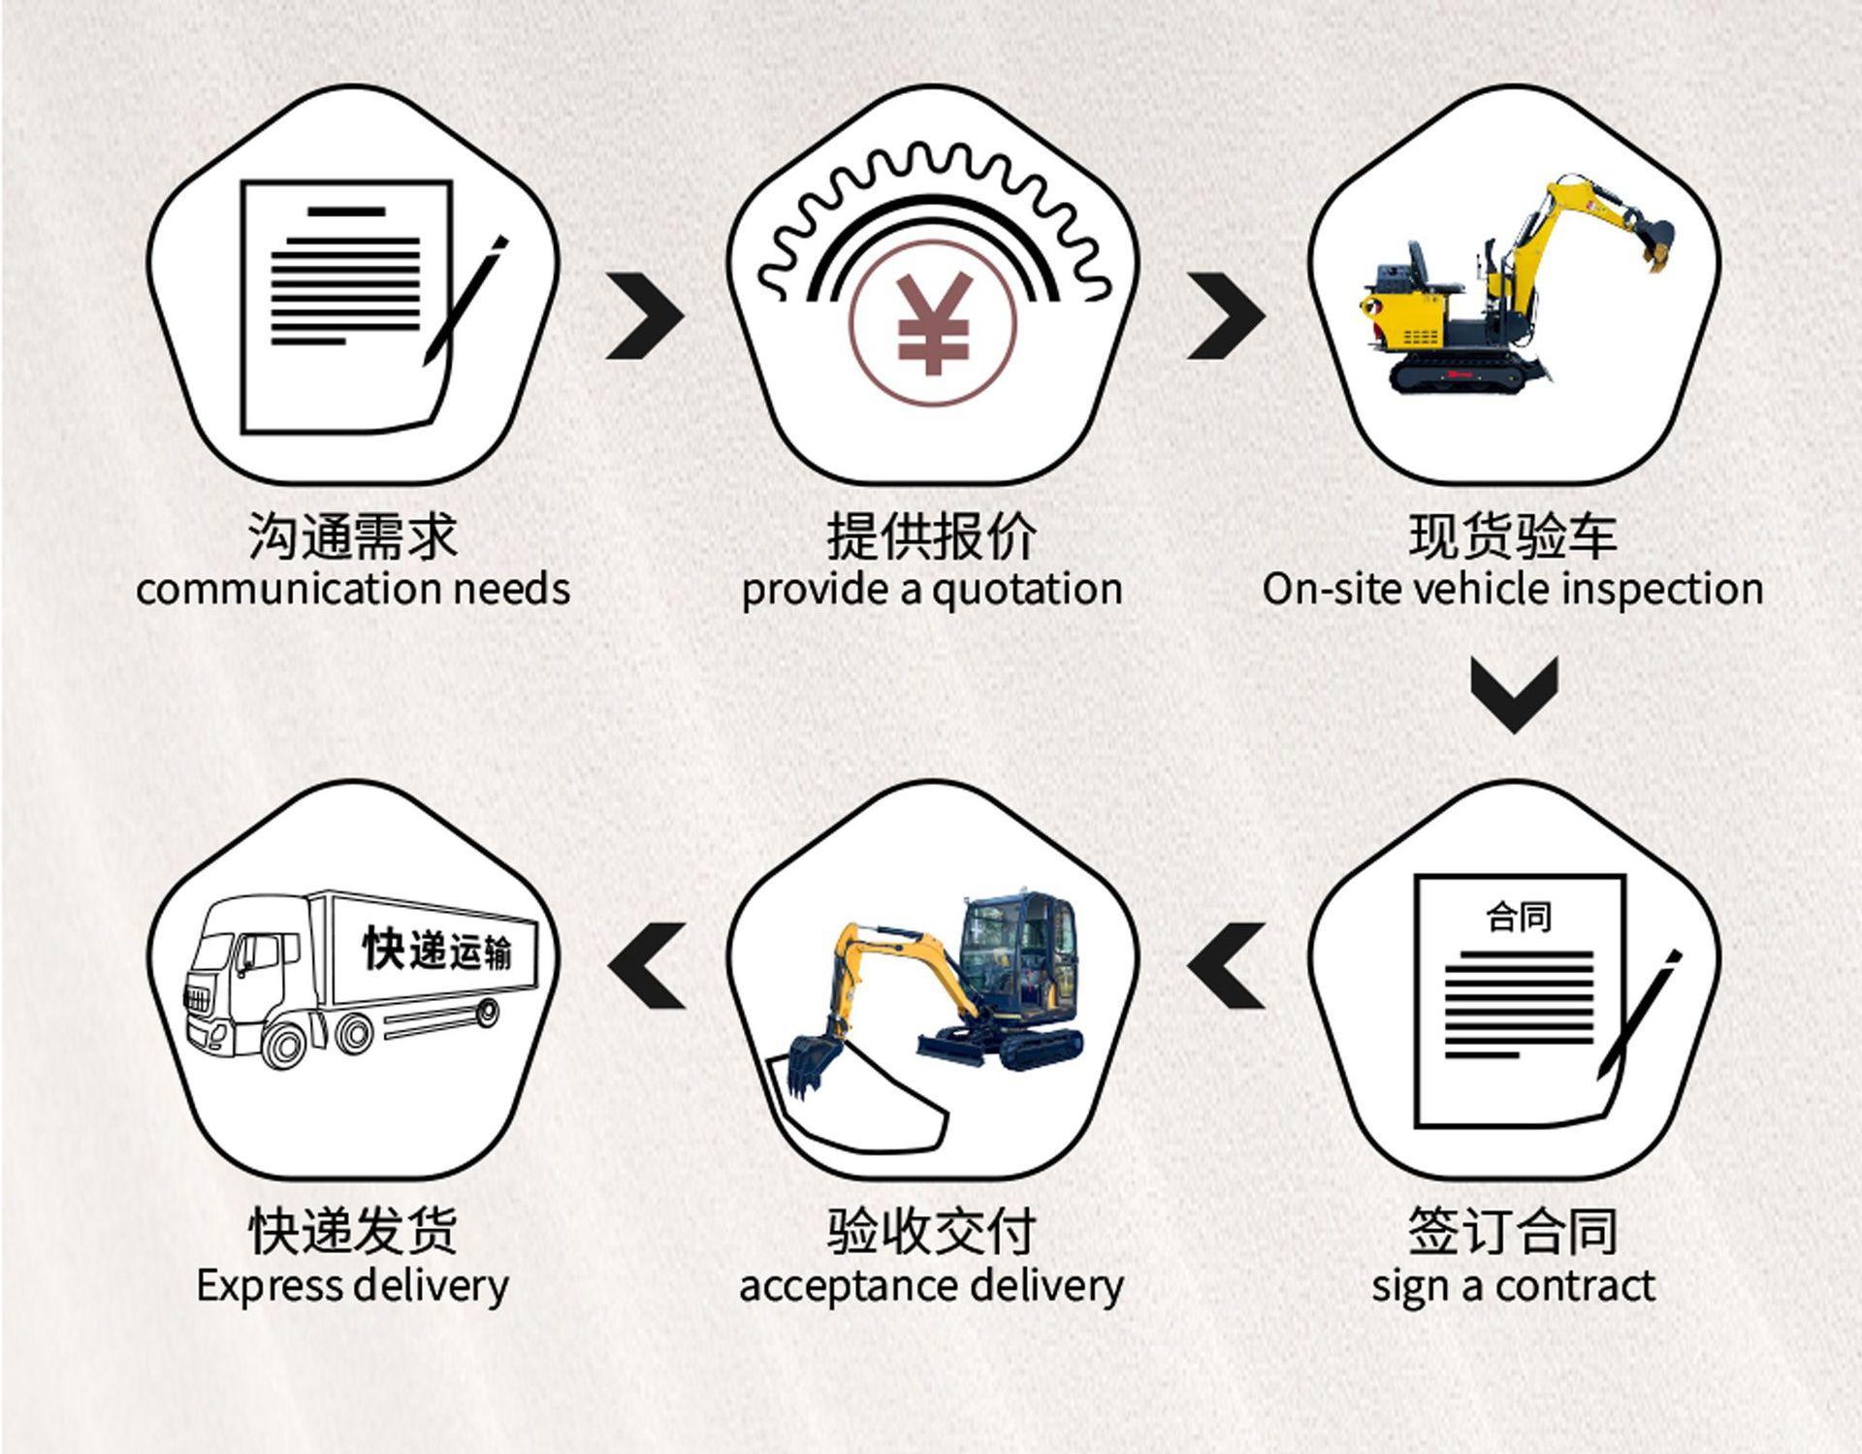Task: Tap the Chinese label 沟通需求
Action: pos(352,536)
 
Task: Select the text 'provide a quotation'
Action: pos(931,590)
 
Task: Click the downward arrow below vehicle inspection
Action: pos(1514,693)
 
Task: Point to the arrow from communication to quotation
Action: pos(645,316)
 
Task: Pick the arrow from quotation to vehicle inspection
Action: pos(1226,316)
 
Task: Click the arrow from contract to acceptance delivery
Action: pos(1226,965)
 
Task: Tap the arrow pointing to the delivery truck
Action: pos(647,965)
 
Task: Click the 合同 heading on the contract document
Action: pos(1519,916)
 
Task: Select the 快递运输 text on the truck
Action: pos(437,949)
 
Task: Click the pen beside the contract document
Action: pos(1639,1014)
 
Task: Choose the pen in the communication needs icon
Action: pos(465,301)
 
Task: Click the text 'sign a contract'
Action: pos(1513,1286)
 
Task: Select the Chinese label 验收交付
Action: pos(931,1232)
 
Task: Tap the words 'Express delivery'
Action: pos(352,1286)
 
